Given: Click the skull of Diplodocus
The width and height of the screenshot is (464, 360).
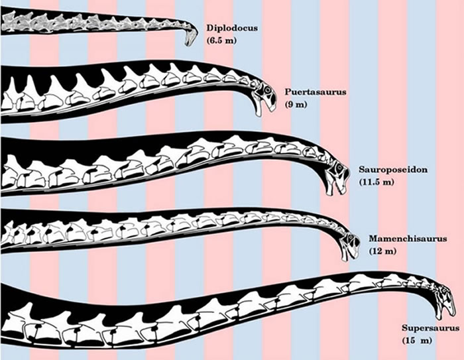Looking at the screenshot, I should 192,35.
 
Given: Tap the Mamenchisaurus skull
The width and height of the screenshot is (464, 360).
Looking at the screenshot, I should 348,243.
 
